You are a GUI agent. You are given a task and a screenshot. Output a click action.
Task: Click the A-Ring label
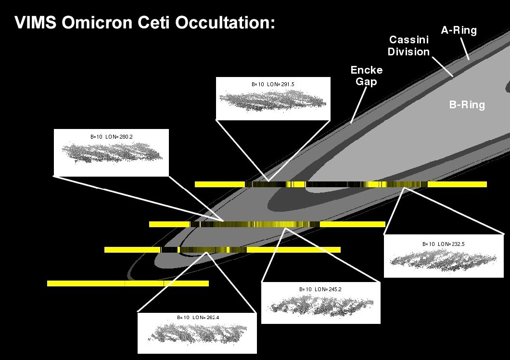click(459, 31)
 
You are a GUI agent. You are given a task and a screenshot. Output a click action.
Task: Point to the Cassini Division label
click(408, 45)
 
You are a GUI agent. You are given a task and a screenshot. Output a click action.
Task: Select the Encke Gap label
click(366, 76)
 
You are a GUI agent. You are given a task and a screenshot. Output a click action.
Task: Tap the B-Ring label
click(467, 104)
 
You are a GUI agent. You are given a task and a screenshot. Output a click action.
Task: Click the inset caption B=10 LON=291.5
click(273, 84)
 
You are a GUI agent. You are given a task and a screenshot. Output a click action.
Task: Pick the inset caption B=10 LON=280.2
click(111, 137)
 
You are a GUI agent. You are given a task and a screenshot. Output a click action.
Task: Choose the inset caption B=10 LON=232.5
click(443, 244)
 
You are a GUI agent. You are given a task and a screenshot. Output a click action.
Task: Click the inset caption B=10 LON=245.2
click(320, 289)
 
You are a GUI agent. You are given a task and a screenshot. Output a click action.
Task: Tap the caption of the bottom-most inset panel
click(197, 317)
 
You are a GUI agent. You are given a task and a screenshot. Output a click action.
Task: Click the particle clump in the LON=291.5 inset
click(273, 100)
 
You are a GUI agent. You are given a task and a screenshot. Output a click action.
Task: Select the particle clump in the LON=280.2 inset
click(112, 152)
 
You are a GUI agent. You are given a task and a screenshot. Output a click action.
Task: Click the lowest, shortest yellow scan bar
click(127, 283)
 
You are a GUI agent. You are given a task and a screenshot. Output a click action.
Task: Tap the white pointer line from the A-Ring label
click(465, 49)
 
